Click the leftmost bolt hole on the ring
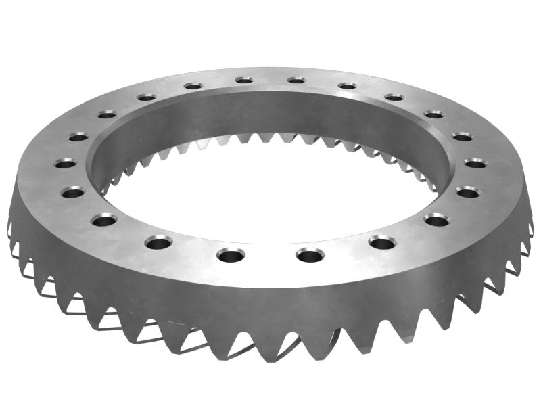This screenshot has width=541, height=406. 66,164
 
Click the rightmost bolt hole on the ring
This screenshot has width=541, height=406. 475,163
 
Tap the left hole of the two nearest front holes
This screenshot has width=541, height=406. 231,255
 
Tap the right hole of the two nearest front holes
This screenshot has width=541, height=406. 310,255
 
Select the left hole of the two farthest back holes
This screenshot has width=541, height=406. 244,80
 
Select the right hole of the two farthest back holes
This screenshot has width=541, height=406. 296,80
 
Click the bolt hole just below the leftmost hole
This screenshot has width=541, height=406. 73,192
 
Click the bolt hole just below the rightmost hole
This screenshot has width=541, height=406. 468,192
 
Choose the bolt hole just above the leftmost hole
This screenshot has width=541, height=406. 78,137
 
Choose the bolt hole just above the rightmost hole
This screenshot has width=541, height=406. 463,137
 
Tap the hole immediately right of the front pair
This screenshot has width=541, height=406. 381,242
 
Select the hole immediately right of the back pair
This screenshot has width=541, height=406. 347,86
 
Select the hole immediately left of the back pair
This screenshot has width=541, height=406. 193,86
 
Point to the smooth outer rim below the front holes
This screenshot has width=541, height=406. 270,298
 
